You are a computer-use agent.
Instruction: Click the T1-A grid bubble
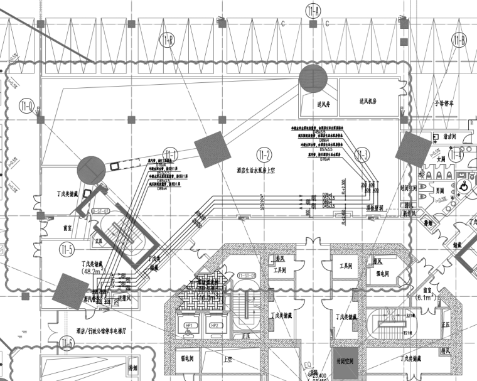tap(313, 11)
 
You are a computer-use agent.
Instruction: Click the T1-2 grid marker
tap(264, 154)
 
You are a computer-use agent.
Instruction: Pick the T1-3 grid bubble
tap(362, 155)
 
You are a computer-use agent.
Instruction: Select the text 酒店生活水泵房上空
tap(263, 170)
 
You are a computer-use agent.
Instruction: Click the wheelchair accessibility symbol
tap(463, 186)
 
